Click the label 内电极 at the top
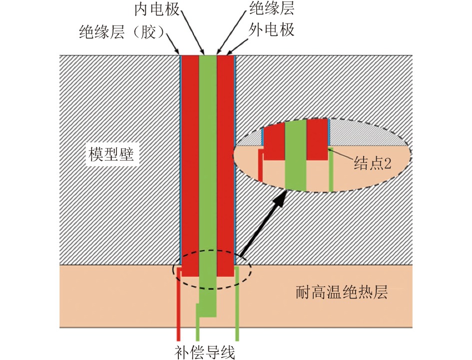156,9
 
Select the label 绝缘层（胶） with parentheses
122,33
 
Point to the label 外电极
272,31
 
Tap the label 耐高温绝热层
342,292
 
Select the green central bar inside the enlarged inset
295,155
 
